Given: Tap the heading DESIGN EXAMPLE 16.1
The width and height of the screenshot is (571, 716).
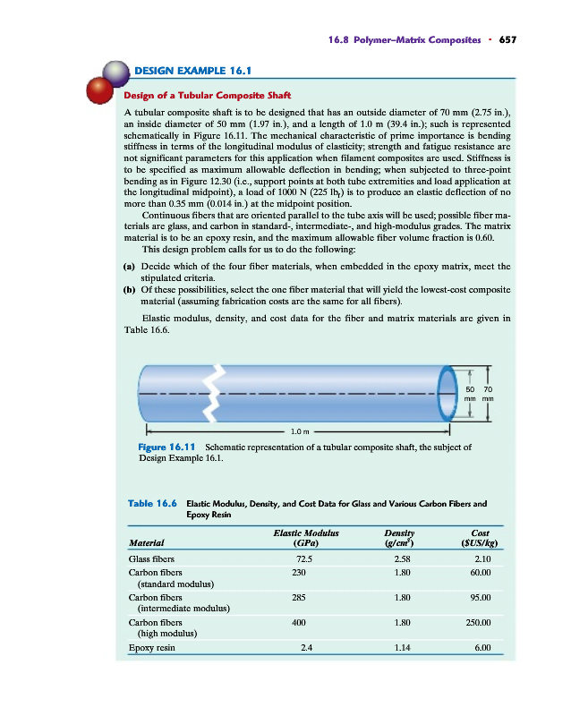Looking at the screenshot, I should point(192,70).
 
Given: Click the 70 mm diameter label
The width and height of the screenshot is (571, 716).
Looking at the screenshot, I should point(488,394).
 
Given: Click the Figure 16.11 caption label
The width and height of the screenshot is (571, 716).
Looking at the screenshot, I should point(168,445).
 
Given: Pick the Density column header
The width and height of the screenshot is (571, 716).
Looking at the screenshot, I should point(391,536).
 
